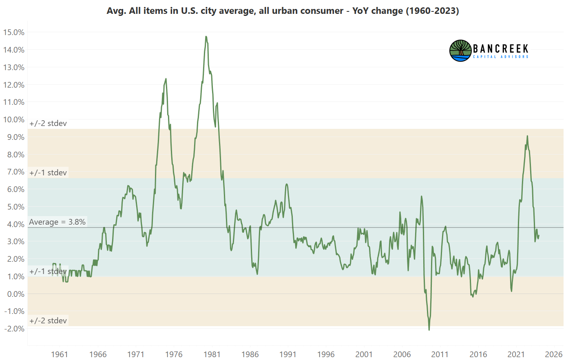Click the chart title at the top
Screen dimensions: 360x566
click(283, 11)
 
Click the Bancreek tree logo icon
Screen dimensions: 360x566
click(460, 51)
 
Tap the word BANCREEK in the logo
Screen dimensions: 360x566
click(500, 49)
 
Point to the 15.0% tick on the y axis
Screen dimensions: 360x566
click(13, 32)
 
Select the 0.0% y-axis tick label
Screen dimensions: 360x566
click(15, 294)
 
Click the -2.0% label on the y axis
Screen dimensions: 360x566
click(14, 329)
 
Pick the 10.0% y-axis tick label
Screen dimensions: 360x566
click(13, 119)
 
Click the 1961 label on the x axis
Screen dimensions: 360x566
click(60, 354)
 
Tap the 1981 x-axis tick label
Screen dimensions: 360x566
click(212, 354)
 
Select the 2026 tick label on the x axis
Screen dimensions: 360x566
click(554, 354)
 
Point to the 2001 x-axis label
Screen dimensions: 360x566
click(364, 354)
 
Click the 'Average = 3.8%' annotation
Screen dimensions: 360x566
click(57, 222)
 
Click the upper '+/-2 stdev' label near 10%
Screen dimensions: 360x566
click(48, 124)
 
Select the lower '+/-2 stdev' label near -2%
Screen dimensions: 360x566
click(48, 321)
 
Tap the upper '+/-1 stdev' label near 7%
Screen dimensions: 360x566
click(48, 173)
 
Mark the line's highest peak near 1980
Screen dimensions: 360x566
click(206, 37)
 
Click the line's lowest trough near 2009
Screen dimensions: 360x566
click(429, 329)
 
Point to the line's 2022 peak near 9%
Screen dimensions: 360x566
click(527, 136)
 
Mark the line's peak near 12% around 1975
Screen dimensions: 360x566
click(166, 79)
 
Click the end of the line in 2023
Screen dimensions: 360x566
click(539, 235)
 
